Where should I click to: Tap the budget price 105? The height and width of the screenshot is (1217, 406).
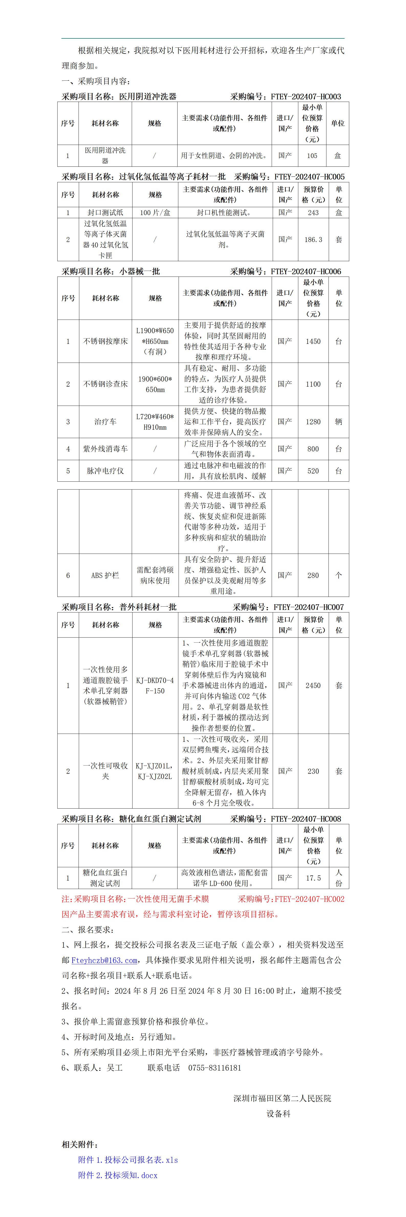[x=312, y=155]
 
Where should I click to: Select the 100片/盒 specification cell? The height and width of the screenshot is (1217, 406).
[x=155, y=213]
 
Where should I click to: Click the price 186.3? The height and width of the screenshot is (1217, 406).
[x=313, y=239]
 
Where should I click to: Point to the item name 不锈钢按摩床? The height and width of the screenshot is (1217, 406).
[x=105, y=341]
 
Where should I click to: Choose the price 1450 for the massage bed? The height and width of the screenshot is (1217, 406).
[x=313, y=341]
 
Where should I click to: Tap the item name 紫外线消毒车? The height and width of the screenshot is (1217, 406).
[x=105, y=449]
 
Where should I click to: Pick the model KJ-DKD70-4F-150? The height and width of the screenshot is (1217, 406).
[x=155, y=685]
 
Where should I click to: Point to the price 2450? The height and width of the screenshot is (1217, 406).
[x=313, y=685]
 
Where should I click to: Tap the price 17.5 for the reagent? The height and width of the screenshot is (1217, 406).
[x=313, y=878]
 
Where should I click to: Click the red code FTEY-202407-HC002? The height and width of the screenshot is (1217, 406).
[x=309, y=899]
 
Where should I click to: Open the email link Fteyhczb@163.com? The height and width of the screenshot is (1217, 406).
[x=104, y=960]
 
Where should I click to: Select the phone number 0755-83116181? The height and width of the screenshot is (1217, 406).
[x=215, y=1068]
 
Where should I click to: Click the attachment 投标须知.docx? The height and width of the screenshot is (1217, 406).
[x=118, y=1175]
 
